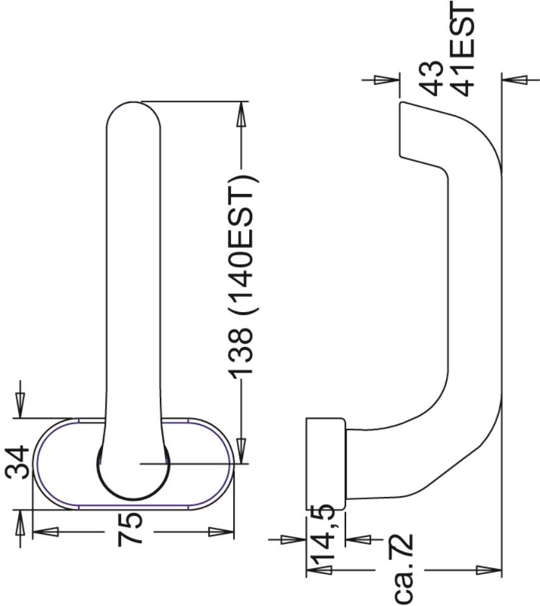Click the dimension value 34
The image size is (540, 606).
[18, 462]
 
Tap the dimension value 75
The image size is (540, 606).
[130, 528]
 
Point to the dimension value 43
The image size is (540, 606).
[432, 78]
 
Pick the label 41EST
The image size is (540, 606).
[462, 48]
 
